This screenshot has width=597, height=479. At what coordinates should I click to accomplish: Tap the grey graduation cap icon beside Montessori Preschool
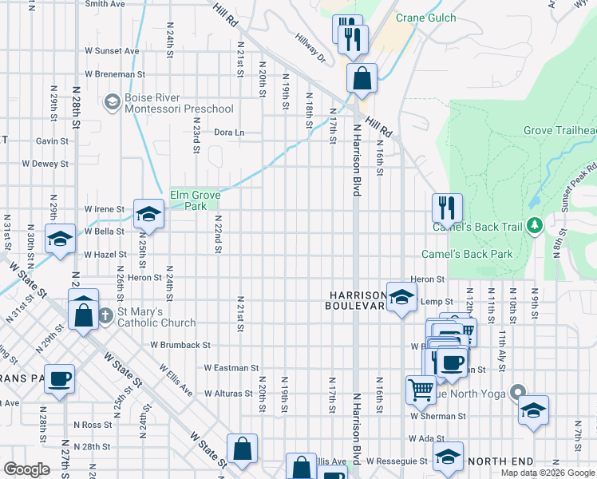click(x=112, y=101)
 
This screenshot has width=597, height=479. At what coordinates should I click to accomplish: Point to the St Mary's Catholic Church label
click(x=156, y=317)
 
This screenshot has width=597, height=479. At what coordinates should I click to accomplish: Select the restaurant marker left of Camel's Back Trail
click(x=448, y=208)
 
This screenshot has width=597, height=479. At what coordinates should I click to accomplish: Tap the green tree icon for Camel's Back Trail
click(x=534, y=227)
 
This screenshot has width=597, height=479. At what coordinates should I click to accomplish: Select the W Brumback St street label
click(x=180, y=346)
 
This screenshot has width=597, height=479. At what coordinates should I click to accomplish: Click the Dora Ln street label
click(x=228, y=133)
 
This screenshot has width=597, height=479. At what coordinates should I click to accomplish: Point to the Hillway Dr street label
click(x=311, y=53)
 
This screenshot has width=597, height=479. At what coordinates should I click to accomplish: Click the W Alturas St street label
click(x=230, y=394)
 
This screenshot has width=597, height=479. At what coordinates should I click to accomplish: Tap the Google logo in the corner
click(x=28, y=469)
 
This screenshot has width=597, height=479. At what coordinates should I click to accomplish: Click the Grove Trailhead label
click(x=559, y=130)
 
